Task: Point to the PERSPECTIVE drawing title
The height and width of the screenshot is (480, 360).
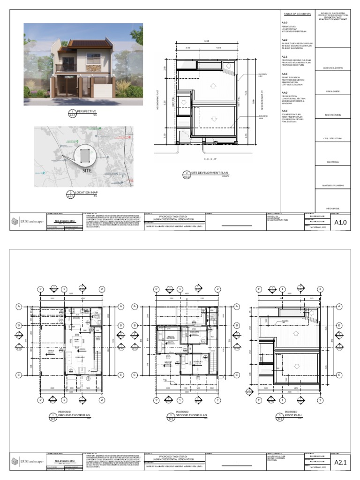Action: point(87,111)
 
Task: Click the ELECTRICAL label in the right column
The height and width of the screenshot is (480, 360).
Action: point(333,162)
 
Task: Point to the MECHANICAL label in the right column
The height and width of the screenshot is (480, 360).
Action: point(333,209)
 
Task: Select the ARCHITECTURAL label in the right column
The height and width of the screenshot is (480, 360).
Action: point(333,115)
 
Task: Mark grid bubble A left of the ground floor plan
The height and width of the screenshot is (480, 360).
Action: point(19,307)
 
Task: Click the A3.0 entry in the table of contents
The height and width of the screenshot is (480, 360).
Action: point(285,74)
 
